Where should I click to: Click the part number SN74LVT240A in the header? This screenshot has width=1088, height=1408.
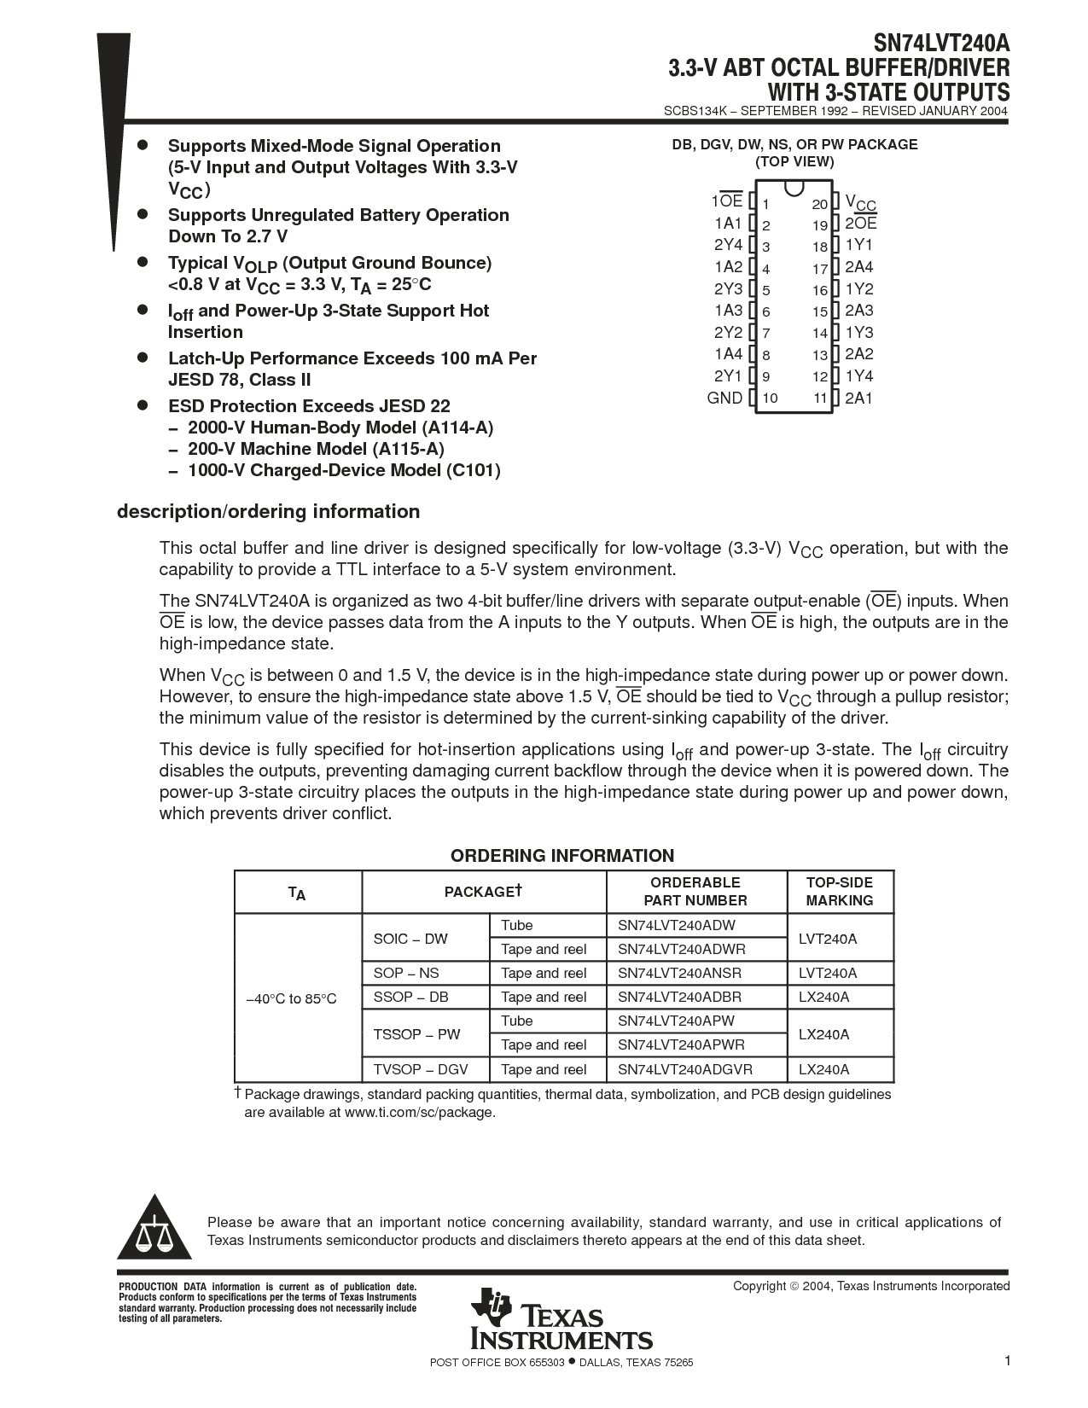[x=940, y=44]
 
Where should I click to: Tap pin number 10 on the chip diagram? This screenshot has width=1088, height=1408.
[x=770, y=398]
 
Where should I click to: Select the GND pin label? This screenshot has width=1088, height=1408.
[x=724, y=398]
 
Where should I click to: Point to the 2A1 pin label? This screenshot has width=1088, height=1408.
[x=858, y=398]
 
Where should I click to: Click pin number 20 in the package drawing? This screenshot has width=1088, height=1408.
[x=819, y=204]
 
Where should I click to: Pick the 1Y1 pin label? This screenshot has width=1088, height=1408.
[x=858, y=246]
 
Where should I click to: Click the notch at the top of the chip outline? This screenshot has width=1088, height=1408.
[x=793, y=187]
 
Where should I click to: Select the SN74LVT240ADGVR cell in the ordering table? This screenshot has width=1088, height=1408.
[x=685, y=1069]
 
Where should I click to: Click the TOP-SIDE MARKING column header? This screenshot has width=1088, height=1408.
[x=839, y=891]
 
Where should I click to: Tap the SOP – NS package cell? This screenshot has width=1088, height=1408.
[x=406, y=973]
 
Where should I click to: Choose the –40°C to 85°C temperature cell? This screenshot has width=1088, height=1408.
[x=291, y=998]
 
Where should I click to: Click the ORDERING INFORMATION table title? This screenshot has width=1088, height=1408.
[x=562, y=856]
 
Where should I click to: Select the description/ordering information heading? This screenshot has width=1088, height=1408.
[x=268, y=511]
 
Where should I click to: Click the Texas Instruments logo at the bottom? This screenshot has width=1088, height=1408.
[x=561, y=1319]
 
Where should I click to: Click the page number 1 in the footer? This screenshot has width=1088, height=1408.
[x=1007, y=1361]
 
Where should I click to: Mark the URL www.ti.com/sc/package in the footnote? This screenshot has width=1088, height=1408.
[x=418, y=1113]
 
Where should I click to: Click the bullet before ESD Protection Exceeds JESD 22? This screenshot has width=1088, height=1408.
[x=143, y=405]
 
